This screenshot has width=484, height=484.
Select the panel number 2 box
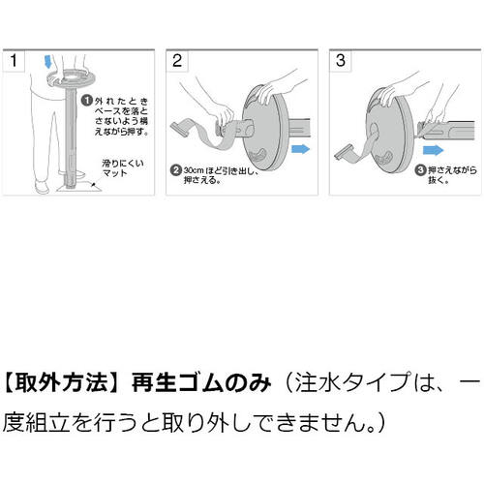coord(177,60)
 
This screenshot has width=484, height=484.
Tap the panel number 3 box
coord(340,60)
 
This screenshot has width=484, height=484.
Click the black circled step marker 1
coord(86,101)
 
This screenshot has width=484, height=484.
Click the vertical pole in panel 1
coord(70,145)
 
